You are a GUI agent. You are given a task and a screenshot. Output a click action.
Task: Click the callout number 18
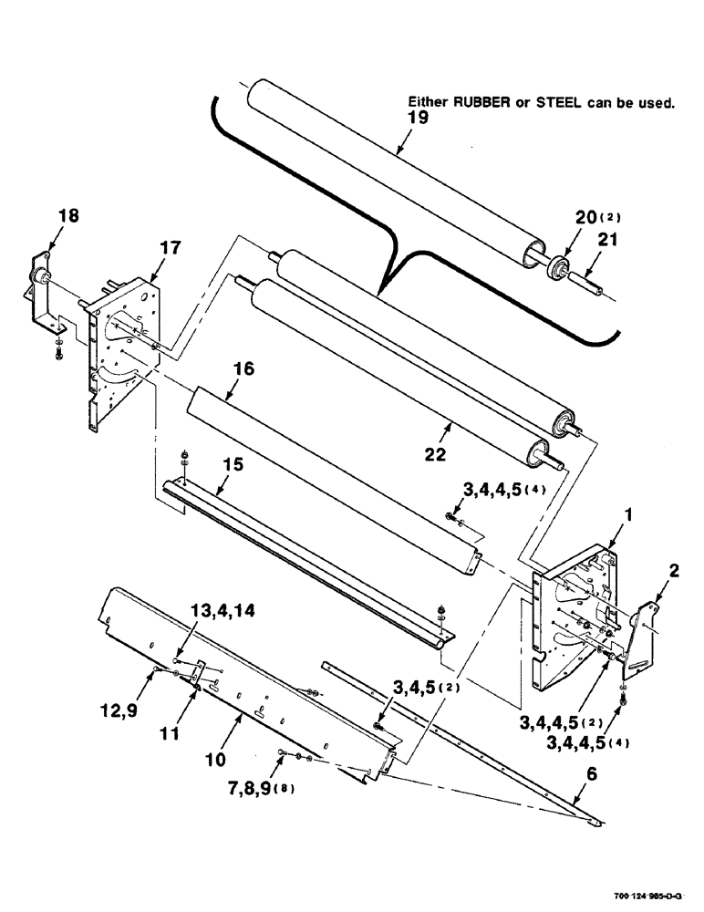pos(68,216)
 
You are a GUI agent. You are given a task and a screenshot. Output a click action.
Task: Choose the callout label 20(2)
pos(595,218)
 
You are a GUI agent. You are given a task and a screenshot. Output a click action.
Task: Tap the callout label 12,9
pos(124,705)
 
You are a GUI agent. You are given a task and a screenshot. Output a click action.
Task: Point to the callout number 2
pos(673,571)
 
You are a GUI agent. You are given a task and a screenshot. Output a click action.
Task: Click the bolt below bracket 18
pos(57,347)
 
